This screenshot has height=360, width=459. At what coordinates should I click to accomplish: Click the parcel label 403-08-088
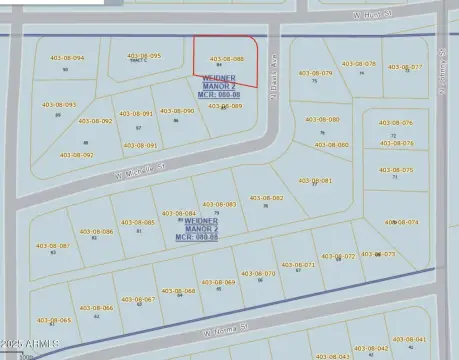tap(226, 59)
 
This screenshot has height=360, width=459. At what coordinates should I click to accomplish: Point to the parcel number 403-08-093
tap(58, 104)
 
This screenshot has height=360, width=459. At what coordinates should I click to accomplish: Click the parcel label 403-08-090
tap(176, 111)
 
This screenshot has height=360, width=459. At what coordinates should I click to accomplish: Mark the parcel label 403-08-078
tap(359, 64)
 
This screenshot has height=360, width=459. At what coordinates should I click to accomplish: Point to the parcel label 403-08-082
tap(266, 197)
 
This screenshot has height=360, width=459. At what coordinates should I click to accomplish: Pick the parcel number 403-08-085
tap(137, 222)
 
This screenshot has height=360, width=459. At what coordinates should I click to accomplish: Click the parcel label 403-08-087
tap(53, 245)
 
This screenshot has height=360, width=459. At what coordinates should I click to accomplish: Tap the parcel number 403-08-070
tap(258, 273)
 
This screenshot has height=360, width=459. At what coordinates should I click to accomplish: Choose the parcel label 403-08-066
tap(95, 308)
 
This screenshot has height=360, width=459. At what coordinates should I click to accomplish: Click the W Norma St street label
tap(224, 330)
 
